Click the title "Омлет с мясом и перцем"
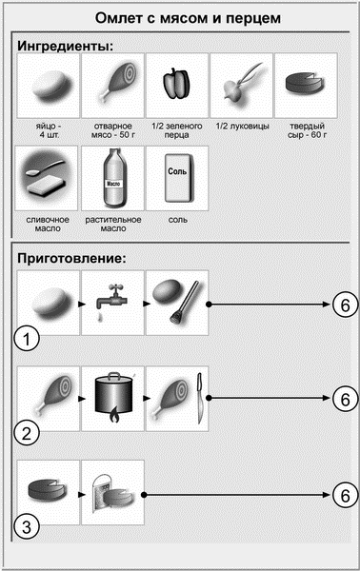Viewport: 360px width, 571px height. pos(188,18)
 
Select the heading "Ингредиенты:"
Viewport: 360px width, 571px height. pos(65,46)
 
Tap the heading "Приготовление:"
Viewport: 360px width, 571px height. pos(71,258)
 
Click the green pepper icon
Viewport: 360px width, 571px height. pos(176,84)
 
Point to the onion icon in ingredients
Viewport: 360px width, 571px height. pos(240,85)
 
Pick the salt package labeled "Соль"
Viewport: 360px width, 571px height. pos(177,178)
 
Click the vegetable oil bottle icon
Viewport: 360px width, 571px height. pos(112,179)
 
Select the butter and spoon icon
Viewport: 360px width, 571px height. pos(47,177)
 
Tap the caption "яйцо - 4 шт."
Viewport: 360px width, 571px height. pos(49,130)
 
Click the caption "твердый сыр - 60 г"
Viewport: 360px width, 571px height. pos(307,130)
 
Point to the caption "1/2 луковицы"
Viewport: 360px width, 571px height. pos(242,127)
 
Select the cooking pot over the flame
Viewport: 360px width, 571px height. pos(113,397)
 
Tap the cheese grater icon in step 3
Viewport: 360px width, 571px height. pos(112,494)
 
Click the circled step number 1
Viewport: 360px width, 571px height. pos(27,339)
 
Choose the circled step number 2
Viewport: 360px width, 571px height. pos(27,434)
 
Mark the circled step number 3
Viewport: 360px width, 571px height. pos(27,526)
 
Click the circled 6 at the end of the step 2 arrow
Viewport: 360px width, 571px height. pos(345,399)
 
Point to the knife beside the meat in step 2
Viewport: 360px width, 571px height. pos(199,398)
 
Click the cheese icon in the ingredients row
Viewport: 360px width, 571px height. pos(304,83)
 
